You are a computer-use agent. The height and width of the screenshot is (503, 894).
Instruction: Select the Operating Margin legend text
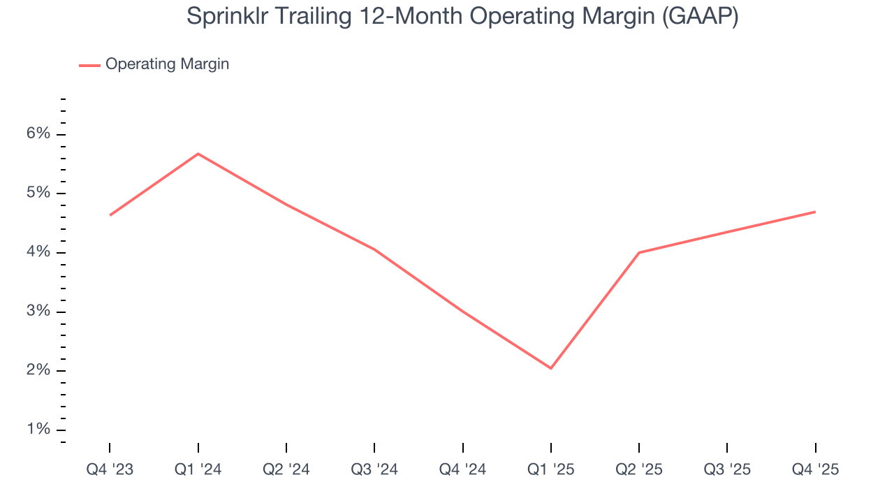point(167,64)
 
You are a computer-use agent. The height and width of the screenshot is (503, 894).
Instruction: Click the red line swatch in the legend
point(89,65)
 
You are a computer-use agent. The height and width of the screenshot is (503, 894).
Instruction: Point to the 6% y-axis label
point(39,134)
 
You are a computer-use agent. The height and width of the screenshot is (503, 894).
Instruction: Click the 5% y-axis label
point(39,193)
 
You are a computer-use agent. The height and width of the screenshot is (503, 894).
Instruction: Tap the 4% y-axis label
point(39,252)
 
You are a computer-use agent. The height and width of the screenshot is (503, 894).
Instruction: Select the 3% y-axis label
point(39,311)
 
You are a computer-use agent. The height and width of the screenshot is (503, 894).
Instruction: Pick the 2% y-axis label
point(39,370)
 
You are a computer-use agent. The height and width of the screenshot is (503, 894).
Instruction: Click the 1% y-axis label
point(39,429)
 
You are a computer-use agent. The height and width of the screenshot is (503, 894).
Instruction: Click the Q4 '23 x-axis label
point(110,469)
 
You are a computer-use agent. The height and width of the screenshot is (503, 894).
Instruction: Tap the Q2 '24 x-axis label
point(286,469)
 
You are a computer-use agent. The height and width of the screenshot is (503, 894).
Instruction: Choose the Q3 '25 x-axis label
point(727,469)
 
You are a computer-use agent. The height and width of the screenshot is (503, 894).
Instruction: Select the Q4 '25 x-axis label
point(815,469)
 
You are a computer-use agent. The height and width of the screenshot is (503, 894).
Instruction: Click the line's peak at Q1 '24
point(198,154)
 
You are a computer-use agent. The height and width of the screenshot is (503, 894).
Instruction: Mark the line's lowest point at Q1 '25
point(551,368)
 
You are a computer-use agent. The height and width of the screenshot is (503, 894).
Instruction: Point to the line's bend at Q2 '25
point(639,252)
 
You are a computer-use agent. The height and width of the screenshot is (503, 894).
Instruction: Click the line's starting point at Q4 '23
point(110,215)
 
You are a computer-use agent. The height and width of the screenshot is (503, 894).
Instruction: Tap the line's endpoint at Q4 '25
point(815,212)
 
